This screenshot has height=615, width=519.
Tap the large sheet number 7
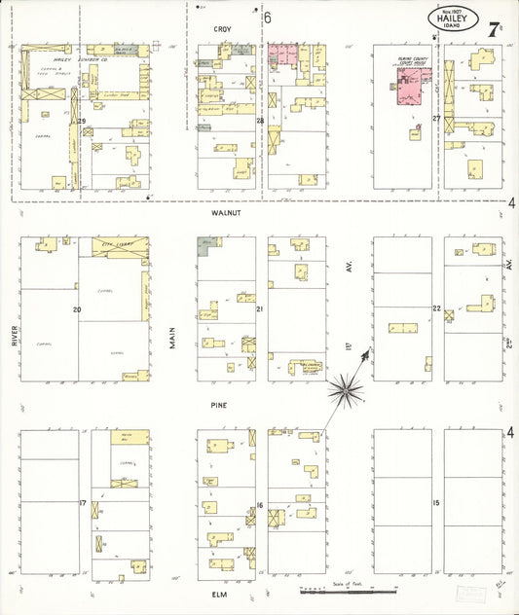point(495,18)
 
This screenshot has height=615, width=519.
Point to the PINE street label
point(219,404)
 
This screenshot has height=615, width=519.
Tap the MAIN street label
point(173,337)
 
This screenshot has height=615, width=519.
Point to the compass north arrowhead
point(368,352)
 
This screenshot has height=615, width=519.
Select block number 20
point(76,309)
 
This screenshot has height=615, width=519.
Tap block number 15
point(437,502)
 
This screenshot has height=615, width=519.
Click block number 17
point(83,502)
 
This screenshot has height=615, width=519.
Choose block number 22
point(437,308)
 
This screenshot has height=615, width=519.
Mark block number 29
point(83,121)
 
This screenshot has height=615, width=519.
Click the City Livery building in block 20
point(121,245)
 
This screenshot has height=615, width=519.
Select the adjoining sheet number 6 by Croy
point(266,18)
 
